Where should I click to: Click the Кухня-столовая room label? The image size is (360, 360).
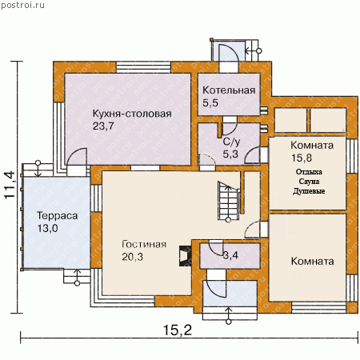(x=132, y=114)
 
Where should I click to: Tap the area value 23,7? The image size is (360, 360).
(x=103, y=126)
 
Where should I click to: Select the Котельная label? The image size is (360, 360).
(x=229, y=90)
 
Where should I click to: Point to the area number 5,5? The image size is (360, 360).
(x=210, y=102)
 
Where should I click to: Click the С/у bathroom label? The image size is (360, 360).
(x=231, y=142)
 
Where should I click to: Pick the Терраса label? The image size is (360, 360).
(x=57, y=215)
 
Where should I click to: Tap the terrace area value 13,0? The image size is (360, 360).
(x=47, y=228)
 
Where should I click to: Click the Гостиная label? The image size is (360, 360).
(x=144, y=244)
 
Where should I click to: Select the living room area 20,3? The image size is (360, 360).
(x=132, y=257)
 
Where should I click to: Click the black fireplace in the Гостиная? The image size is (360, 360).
(x=186, y=256)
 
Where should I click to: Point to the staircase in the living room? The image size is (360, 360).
(x=228, y=201)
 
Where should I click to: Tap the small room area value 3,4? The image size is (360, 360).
(x=230, y=255)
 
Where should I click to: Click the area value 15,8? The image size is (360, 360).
(x=302, y=158)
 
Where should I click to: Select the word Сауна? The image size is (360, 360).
(x=309, y=182)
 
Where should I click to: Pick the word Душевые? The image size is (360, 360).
(x=309, y=191)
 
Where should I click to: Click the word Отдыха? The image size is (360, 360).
(x=309, y=172)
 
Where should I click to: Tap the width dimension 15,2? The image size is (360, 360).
(x=178, y=330)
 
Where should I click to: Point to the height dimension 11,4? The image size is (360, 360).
(x=10, y=185)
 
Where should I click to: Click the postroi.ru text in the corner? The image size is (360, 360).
(x=22, y=6)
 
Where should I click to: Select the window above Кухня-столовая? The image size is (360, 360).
(x=143, y=67)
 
